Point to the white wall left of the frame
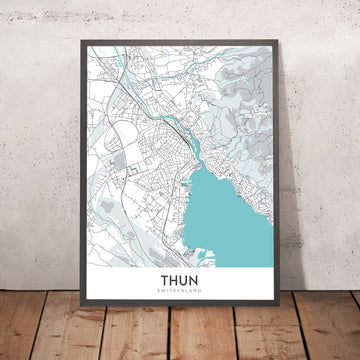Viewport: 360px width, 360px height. click(40, 150)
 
